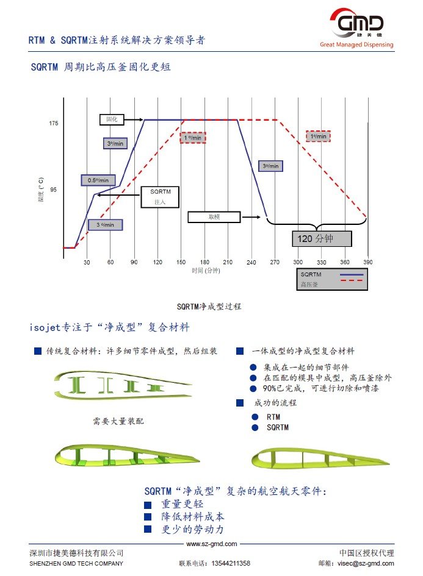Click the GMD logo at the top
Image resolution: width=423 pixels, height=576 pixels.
click(x=356, y=25)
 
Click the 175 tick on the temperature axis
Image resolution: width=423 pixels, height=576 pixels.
click(x=54, y=124)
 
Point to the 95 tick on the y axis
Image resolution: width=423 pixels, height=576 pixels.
click(x=54, y=190)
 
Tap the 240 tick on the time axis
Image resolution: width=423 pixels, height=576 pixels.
click(x=251, y=262)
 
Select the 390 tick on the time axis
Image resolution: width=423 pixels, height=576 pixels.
click(x=368, y=262)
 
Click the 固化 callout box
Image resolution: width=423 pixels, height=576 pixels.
click(x=112, y=120)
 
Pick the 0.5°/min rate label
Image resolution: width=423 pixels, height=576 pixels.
click(x=98, y=180)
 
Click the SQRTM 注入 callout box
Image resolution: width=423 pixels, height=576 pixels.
click(x=161, y=196)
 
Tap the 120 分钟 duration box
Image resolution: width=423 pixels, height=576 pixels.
click(x=322, y=238)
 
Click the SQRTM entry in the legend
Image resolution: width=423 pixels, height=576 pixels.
click(x=311, y=274)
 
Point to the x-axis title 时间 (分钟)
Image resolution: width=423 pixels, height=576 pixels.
click(x=206, y=271)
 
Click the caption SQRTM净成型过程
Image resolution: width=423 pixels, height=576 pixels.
click(x=209, y=306)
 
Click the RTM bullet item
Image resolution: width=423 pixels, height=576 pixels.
click(x=273, y=417)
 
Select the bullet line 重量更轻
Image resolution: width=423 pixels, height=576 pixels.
click(x=183, y=504)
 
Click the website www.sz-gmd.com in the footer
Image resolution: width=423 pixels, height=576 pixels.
click(x=211, y=544)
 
